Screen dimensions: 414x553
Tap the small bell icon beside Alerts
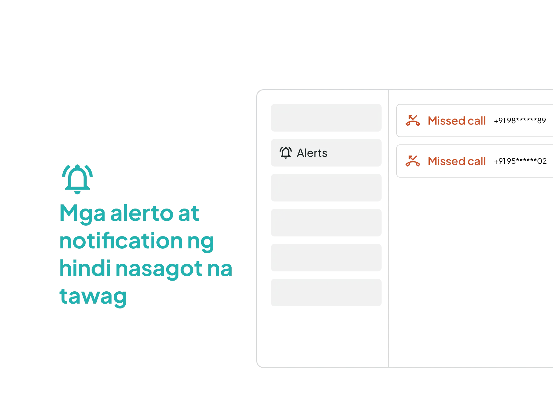click(x=286, y=152)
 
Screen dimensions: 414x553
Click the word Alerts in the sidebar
click(x=312, y=153)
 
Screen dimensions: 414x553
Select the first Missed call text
click(x=457, y=121)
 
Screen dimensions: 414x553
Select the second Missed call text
click(x=457, y=161)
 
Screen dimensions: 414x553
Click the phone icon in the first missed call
click(x=413, y=120)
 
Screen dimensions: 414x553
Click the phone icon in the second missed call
click(x=413, y=161)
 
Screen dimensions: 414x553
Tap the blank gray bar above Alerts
click(x=327, y=118)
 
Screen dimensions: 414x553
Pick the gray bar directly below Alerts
click(x=327, y=187)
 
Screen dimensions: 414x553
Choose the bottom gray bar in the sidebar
click(x=327, y=292)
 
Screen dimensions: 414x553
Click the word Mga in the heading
click(x=81, y=214)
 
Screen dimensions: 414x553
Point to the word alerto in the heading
click(x=141, y=214)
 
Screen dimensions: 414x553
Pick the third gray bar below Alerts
click(x=327, y=257)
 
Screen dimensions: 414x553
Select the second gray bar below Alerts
click(x=327, y=223)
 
